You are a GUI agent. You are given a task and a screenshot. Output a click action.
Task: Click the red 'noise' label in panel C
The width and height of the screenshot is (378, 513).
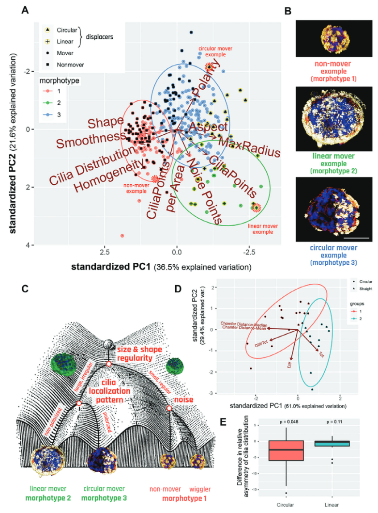point(185,399)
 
